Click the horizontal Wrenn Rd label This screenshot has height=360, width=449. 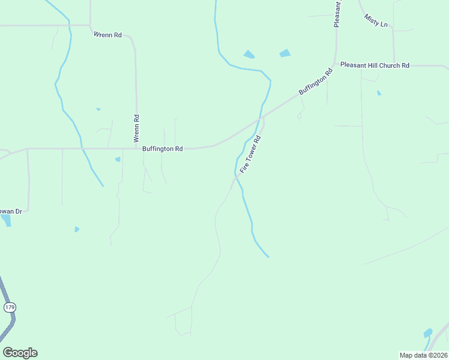pos(108,35)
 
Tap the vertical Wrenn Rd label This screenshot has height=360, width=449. pos(136,128)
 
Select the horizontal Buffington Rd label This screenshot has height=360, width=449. pos(162,148)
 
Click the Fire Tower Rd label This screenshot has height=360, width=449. pos(250,155)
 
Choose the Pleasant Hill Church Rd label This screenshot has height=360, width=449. pos(375,65)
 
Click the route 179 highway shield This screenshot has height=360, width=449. pos(10,307)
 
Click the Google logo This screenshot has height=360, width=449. pos(20,353)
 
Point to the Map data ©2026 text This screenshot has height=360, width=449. pos(423,355)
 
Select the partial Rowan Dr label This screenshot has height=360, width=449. pos(11,211)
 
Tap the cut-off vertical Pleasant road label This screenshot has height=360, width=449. pos(337,13)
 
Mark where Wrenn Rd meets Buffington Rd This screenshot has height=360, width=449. pos(136,148)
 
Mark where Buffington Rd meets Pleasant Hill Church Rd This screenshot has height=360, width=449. pos(336,65)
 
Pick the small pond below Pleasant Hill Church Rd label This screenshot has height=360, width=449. pos(379,93)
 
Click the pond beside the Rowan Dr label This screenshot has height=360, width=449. pos(6,220)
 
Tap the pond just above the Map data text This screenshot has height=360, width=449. pos(428,332)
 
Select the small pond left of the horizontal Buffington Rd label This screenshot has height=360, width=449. pos(118,159)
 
